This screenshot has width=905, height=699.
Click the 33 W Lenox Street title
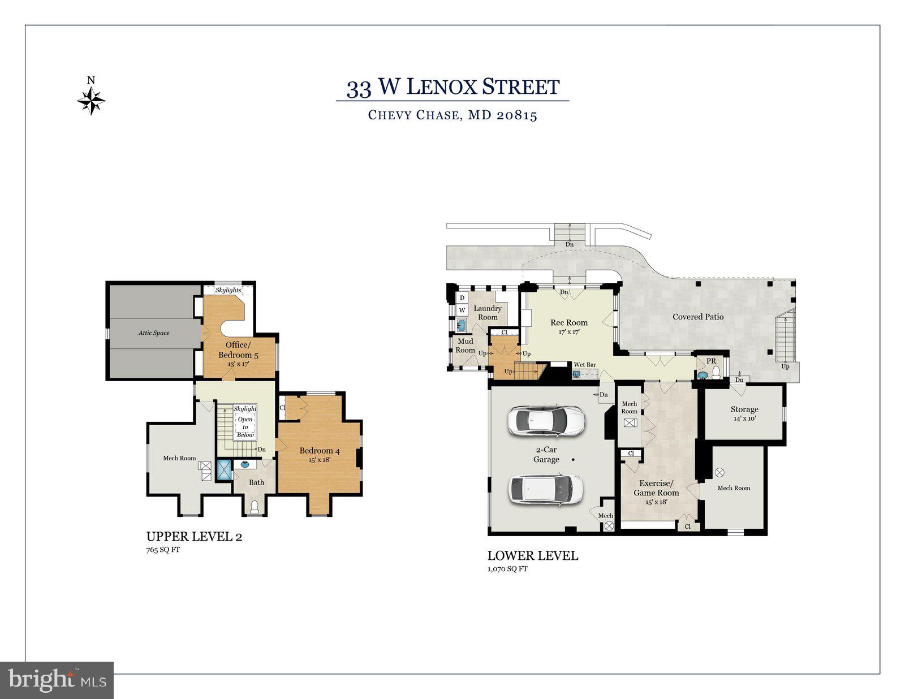pyautogui.click(x=453, y=88)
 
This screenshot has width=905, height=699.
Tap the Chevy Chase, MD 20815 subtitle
pyautogui.click(x=453, y=115)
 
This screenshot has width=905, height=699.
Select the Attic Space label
pyautogui.click(x=154, y=333)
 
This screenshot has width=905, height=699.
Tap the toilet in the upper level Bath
pyautogui.click(x=255, y=506)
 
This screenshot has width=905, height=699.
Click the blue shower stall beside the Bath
pyautogui.click(x=224, y=471)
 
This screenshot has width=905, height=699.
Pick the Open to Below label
pyautogui.click(x=245, y=427)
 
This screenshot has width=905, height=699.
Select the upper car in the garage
pyautogui.click(x=546, y=421)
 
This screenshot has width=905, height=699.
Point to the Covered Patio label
pyautogui.click(x=698, y=317)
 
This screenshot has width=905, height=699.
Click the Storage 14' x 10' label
pyautogui.click(x=744, y=413)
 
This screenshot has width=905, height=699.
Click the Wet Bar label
pyautogui.click(x=585, y=365)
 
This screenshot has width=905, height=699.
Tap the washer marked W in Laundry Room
pyautogui.click(x=462, y=310)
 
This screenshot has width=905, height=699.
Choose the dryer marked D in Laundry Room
pyautogui.click(x=462, y=297)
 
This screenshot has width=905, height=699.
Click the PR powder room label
pyautogui.click(x=711, y=361)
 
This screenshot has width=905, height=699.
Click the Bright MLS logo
pyautogui.click(x=57, y=679)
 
